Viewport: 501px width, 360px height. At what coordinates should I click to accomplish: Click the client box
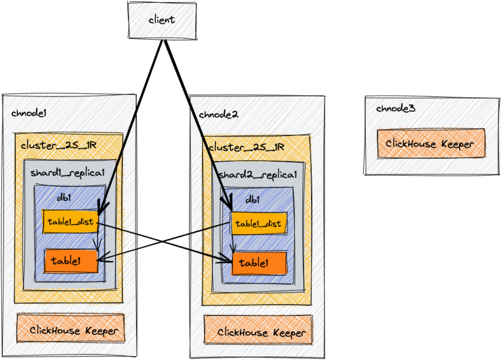[x=162, y=20]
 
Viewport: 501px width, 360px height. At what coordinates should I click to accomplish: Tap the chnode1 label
[x=29, y=113]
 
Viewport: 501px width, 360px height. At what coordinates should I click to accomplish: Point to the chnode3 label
[x=395, y=108]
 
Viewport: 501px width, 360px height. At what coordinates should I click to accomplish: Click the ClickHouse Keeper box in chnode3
[x=431, y=143]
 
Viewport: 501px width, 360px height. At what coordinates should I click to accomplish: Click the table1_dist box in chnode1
[x=70, y=221]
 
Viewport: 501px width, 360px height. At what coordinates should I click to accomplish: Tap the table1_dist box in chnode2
[x=258, y=224]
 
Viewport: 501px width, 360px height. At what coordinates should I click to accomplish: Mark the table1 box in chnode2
[x=259, y=263]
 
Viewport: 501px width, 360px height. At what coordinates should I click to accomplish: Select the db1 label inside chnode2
[x=252, y=200]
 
